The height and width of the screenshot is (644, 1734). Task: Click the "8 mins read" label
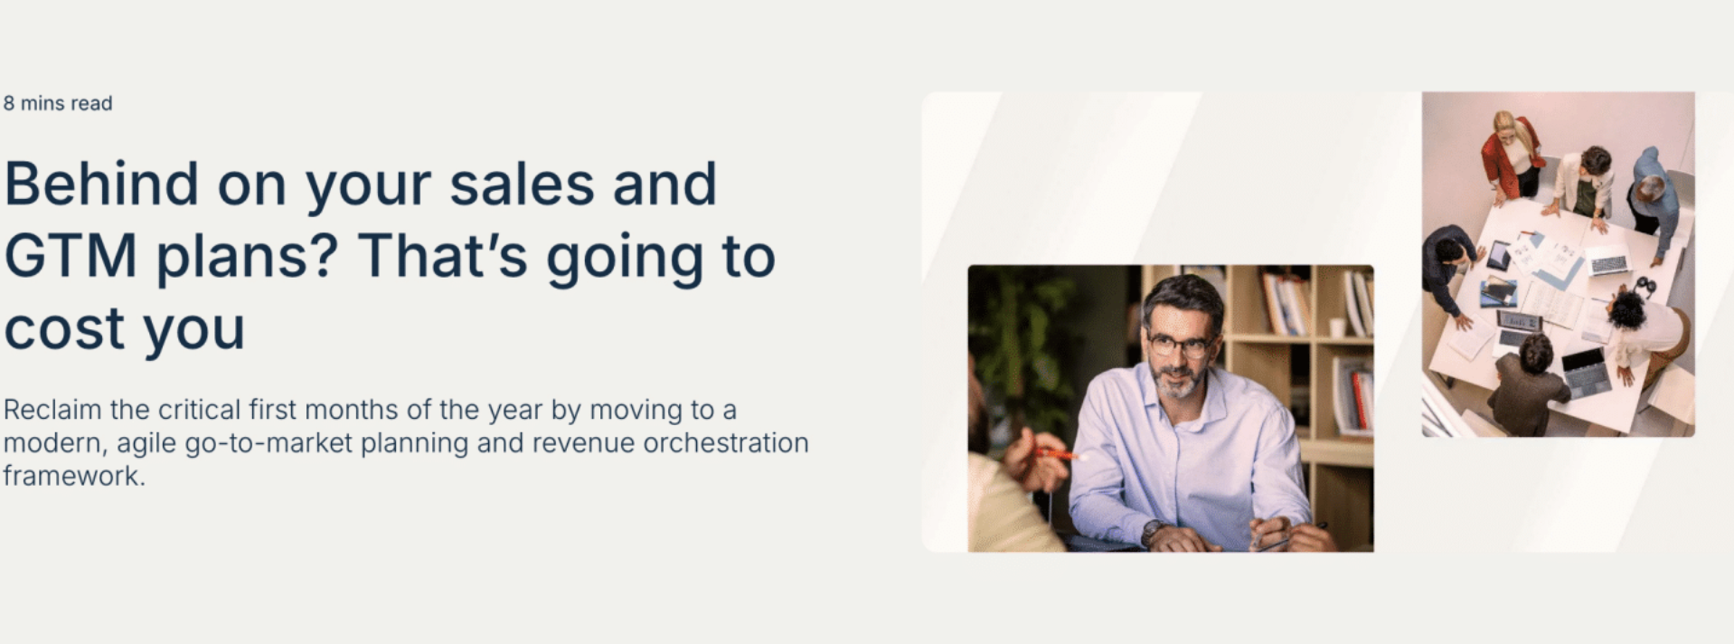click(58, 103)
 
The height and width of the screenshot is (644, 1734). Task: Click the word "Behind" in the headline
click(101, 184)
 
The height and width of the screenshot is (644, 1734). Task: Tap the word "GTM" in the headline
click(71, 256)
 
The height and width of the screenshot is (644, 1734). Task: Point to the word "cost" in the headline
click(63, 328)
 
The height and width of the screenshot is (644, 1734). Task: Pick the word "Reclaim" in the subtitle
click(52, 410)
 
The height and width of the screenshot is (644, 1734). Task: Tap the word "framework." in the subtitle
click(74, 476)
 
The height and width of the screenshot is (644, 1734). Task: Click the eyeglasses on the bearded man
click(1179, 345)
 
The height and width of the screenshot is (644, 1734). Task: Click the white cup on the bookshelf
click(1336, 327)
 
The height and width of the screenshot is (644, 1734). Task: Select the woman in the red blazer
click(1513, 156)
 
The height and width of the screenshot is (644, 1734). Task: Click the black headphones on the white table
click(1644, 287)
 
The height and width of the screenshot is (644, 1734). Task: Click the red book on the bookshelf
click(1362, 397)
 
